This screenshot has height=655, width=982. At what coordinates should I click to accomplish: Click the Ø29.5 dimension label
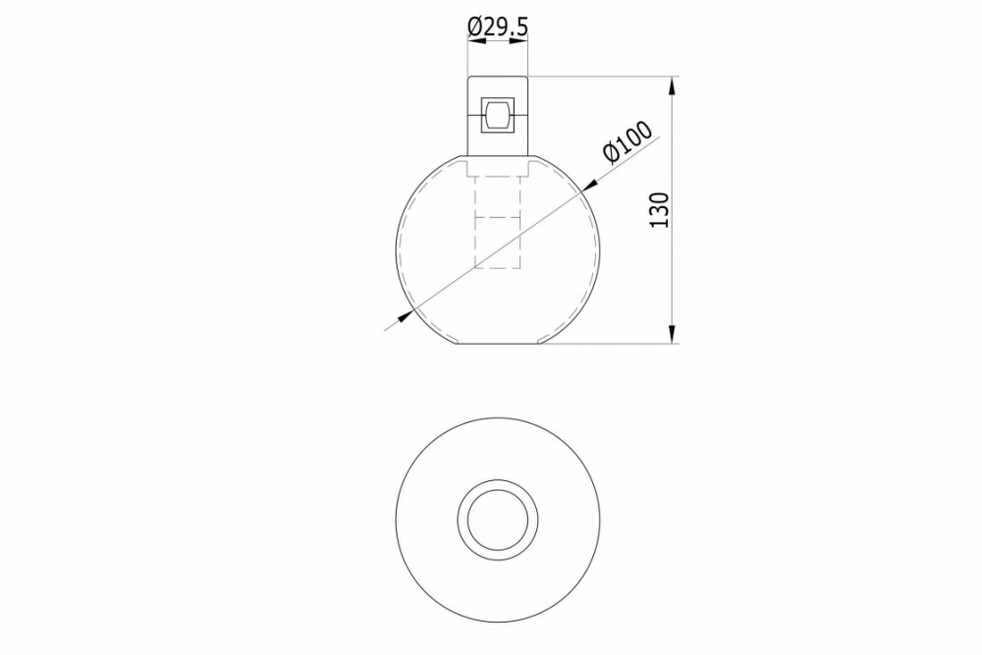(498, 27)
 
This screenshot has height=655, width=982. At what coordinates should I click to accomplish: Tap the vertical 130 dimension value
(660, 210)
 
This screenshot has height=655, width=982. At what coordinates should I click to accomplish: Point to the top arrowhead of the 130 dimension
(673, 85)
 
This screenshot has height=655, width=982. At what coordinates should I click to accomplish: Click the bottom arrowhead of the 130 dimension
(673, 335)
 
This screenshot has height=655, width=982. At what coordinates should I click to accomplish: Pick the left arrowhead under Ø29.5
(477, 40)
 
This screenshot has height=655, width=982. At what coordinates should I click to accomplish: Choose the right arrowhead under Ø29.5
(518, 40)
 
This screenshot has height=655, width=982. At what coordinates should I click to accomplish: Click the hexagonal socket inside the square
(498, 115)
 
